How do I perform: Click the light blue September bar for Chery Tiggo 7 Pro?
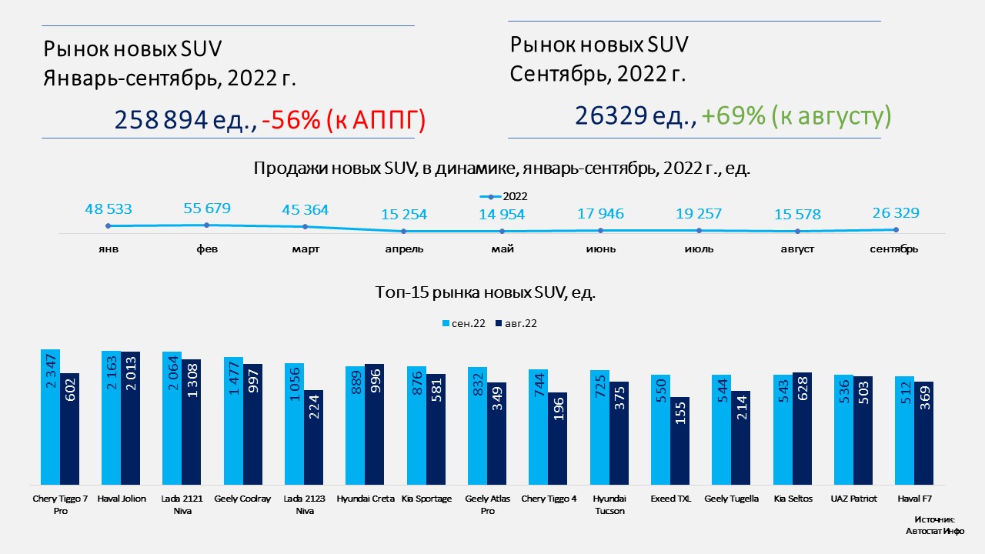pos(50,416)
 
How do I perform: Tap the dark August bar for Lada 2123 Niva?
pos(313,437)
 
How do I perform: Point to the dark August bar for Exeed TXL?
pos(679,440)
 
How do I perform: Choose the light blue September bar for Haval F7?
pos(904,430)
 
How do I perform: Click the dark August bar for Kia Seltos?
pos(802,428)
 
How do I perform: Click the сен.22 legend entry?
pos(463,323)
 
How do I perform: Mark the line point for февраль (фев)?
pos(206,225)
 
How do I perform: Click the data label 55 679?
pos(206,209)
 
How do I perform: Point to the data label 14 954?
pos(501,215)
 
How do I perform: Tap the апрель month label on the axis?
pos(404,249)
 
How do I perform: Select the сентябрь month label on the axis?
pos(893,249)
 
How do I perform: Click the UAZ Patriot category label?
pos(853,499)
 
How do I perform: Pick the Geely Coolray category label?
pos(242,499)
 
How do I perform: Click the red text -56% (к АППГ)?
pos(344,120)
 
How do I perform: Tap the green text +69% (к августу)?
pos(796,115)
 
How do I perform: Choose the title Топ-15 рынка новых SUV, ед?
pos(486,292)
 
